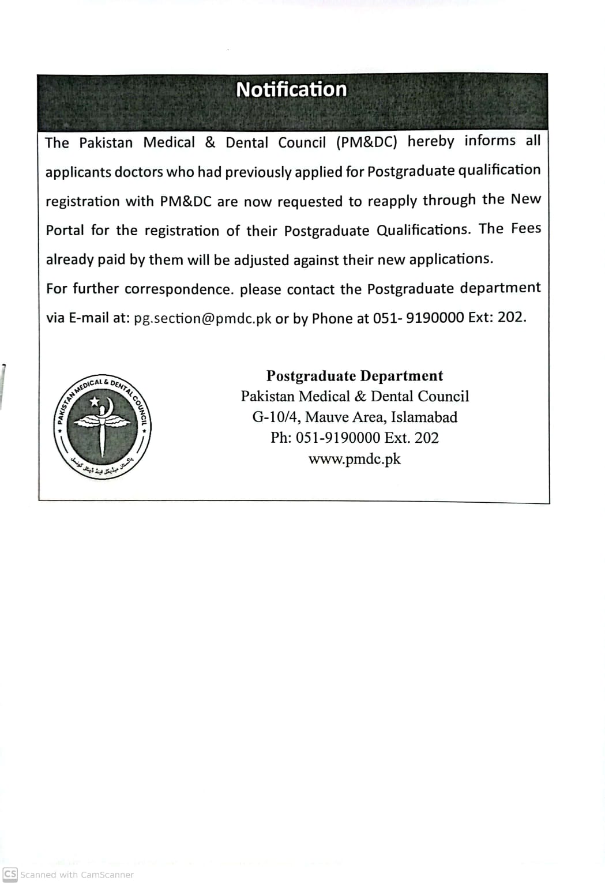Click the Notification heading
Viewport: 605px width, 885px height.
pyautogui.click(x=291, y=90)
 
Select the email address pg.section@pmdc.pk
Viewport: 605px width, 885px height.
pyautogui.click(x=202, y=319)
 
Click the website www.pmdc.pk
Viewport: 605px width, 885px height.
pyautogui.click(x=354, y=460)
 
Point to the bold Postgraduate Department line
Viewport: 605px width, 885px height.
pyautogui.click(x=354, y=376)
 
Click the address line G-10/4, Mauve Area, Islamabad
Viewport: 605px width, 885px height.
pyautogui.click(x=354, y=417)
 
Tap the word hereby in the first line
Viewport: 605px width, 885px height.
pyautogui.click(x=430, y=142)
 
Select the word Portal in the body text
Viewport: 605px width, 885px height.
pyautogui.click(x=65, y=231)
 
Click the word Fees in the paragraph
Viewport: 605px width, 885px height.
pyautogui.click(x=525, y=228)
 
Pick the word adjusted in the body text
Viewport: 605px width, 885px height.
pyautogui.click(x=261, y=260)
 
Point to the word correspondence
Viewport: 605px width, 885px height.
pyautogui.click(x=179, y=289)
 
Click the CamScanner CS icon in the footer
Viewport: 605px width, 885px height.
pyautogui.click(x=10, y=874)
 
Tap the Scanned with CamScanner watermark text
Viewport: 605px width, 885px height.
pyautogui.click(x=77, y=875)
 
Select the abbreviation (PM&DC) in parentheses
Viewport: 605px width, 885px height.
pyautogui.click(x=367, y=142)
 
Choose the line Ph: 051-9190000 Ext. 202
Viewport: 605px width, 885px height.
pyautogui.click(x=354, y=438)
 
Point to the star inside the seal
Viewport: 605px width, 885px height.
pyautogui.click(x=94, y=401)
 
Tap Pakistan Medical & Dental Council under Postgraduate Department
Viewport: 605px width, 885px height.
pyautogui.click(x=354, y=397)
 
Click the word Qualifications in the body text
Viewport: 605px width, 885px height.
pyautogui.click(x=423, y=230)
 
